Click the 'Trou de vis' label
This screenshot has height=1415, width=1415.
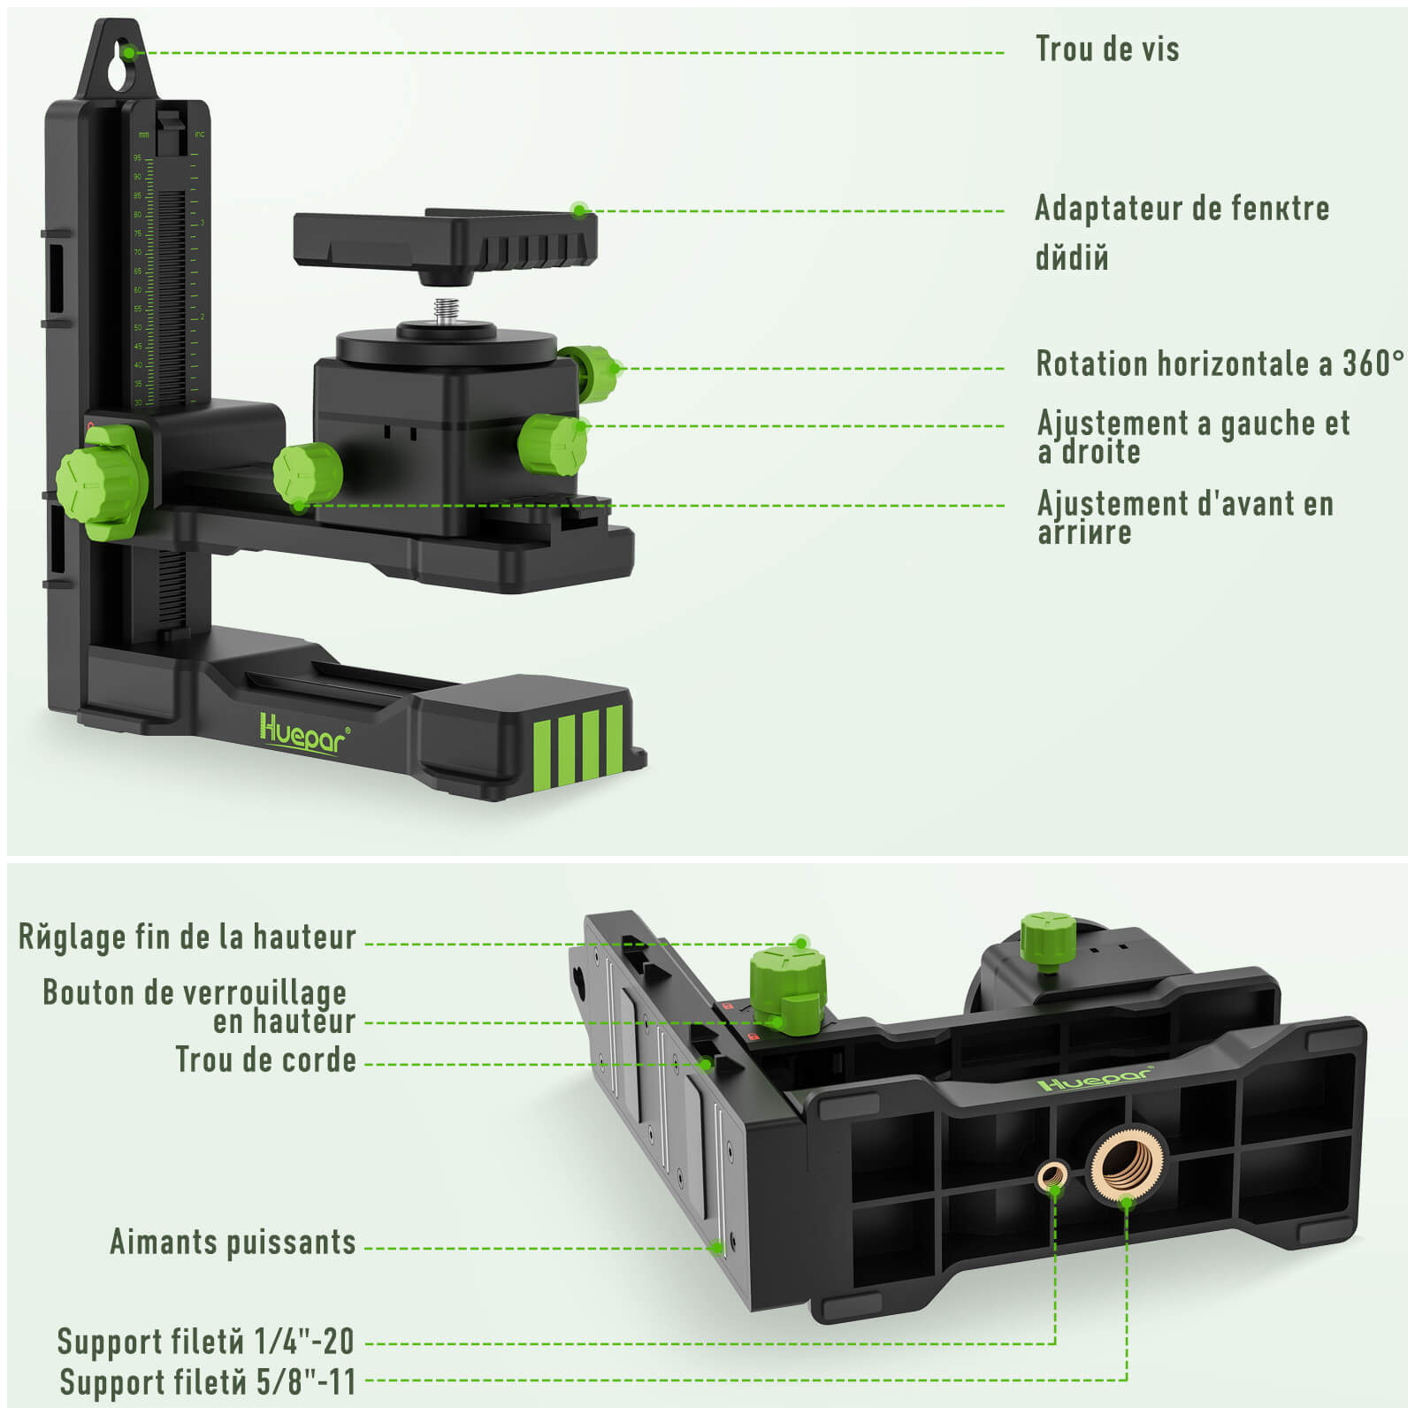coord(1106,50)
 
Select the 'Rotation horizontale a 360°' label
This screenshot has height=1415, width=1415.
coord(1219,363)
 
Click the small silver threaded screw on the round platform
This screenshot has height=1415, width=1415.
coord(446,312)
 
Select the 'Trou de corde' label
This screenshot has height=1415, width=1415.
coord(265,1059)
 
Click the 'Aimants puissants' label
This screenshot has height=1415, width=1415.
coord(233,1242)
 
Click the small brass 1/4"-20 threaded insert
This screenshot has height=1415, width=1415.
coord(1052,1176)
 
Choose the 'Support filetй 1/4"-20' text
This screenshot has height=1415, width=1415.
coord(206,1342)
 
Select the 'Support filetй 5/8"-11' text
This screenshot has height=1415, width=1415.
coord(208,1381)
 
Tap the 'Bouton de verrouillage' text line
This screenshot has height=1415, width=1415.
coord(195,992)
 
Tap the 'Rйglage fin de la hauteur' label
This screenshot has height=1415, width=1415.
coord(187,937)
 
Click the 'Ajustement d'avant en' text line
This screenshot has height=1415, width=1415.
coord(1185,504)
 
